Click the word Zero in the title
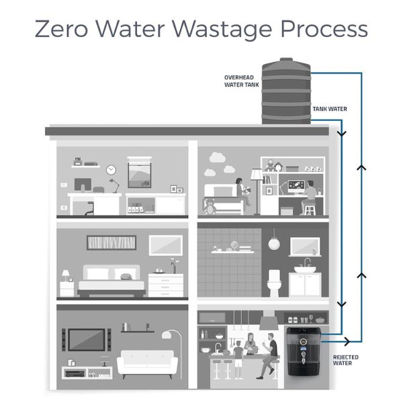tap(61, 28)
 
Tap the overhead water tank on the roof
tap(286, 91)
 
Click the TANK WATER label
tap(330, 109)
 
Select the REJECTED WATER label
tap(345, 360)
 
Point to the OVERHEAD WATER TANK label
tap(242, 81)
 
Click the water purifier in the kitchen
tap(304, 351)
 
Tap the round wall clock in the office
tap(111, 170)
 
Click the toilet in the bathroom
tap(274, 283)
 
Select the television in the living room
tap(87, 339)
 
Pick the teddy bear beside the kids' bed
tap(210, 206)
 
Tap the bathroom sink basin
tap(305, 269)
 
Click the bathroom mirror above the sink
tap(305, 247)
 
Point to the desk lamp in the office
tap(114, 185)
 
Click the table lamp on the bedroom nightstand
tap(66, 275)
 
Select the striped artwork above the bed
tap(111, 242)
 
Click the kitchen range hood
tap(269, 320)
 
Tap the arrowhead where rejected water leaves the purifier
tap(347, 342)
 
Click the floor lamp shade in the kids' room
tap(257, 174)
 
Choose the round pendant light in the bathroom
tap(274, 244)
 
